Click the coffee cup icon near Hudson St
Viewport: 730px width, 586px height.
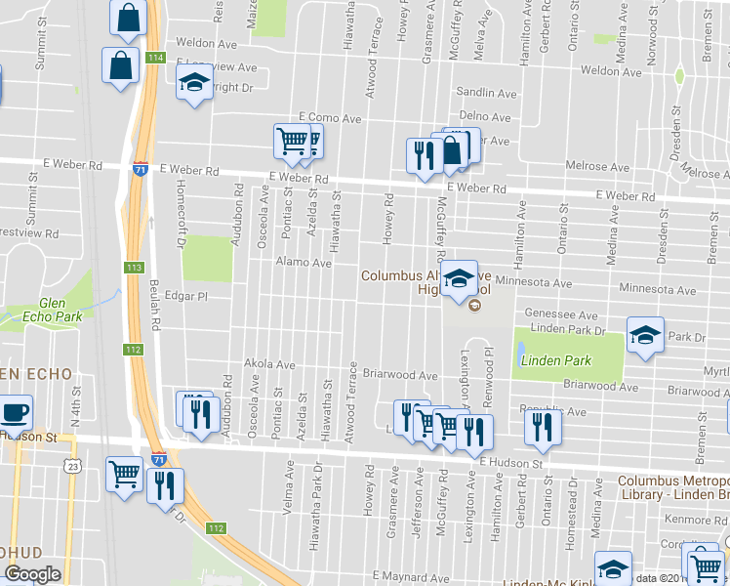point(16,411)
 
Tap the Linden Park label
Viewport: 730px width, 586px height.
point(555,360)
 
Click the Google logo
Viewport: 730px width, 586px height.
point(32,574)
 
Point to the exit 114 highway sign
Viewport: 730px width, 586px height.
point(156,59)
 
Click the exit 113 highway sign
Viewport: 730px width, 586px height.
point(134,267)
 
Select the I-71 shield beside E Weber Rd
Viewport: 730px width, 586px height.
point(142,168)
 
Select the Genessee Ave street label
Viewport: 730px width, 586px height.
point(560,315)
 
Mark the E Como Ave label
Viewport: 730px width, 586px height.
point(330,118)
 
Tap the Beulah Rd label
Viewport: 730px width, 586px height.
point(155,313)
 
